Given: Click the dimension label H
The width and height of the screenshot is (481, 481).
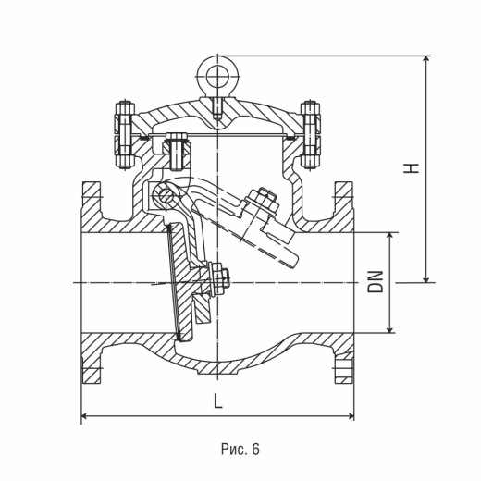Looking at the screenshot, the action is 411,167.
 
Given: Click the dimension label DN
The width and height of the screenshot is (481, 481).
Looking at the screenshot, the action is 376,281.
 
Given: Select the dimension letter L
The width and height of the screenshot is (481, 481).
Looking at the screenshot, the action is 218,401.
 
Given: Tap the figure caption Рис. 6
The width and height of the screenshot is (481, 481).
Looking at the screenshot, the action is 240,449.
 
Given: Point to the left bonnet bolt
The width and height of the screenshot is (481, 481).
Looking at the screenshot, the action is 125,135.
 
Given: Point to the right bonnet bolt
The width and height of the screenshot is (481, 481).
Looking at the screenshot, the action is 311,135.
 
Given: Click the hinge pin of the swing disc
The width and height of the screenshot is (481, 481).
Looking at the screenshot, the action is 166,196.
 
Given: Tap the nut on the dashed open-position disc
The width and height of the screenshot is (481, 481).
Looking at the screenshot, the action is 263,201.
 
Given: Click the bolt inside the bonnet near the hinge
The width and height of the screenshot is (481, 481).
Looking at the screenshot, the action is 177,152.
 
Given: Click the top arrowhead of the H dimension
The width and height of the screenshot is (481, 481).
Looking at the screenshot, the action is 426,60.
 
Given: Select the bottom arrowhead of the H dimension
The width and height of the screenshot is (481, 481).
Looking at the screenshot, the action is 426,278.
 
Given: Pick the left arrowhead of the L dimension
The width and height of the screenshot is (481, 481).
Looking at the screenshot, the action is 85,416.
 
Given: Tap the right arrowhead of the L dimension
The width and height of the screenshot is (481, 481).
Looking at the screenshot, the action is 350,416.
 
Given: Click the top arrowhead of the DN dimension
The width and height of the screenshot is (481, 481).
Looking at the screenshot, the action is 390,237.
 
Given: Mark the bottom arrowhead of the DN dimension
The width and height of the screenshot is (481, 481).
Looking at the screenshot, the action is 390,328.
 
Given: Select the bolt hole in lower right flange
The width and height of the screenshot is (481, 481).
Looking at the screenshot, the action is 344,367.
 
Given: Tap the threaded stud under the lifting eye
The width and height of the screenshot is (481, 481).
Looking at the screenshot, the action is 217,108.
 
